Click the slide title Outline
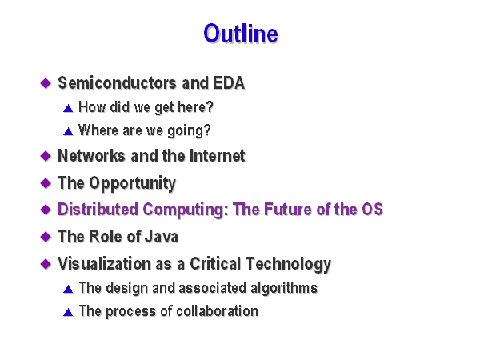[241, 33]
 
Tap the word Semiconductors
[118, 82]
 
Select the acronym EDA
[229, 82]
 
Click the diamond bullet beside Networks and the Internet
[46, 156]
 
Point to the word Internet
[218, 155]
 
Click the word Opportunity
[133, 184]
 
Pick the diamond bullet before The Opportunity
[46, 183]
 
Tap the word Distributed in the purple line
[98, 210]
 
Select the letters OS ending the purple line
[372, 210]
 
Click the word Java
[162, 237]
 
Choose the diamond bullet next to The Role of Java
[46, 237]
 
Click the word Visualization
[104, 263]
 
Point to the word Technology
[288, 264]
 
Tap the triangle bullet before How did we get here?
[68, 108]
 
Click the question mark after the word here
[210, 107]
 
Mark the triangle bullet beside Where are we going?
[68, 132]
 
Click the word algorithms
[284, 288]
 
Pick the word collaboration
[218, 311]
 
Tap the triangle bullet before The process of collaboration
[68, 312]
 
